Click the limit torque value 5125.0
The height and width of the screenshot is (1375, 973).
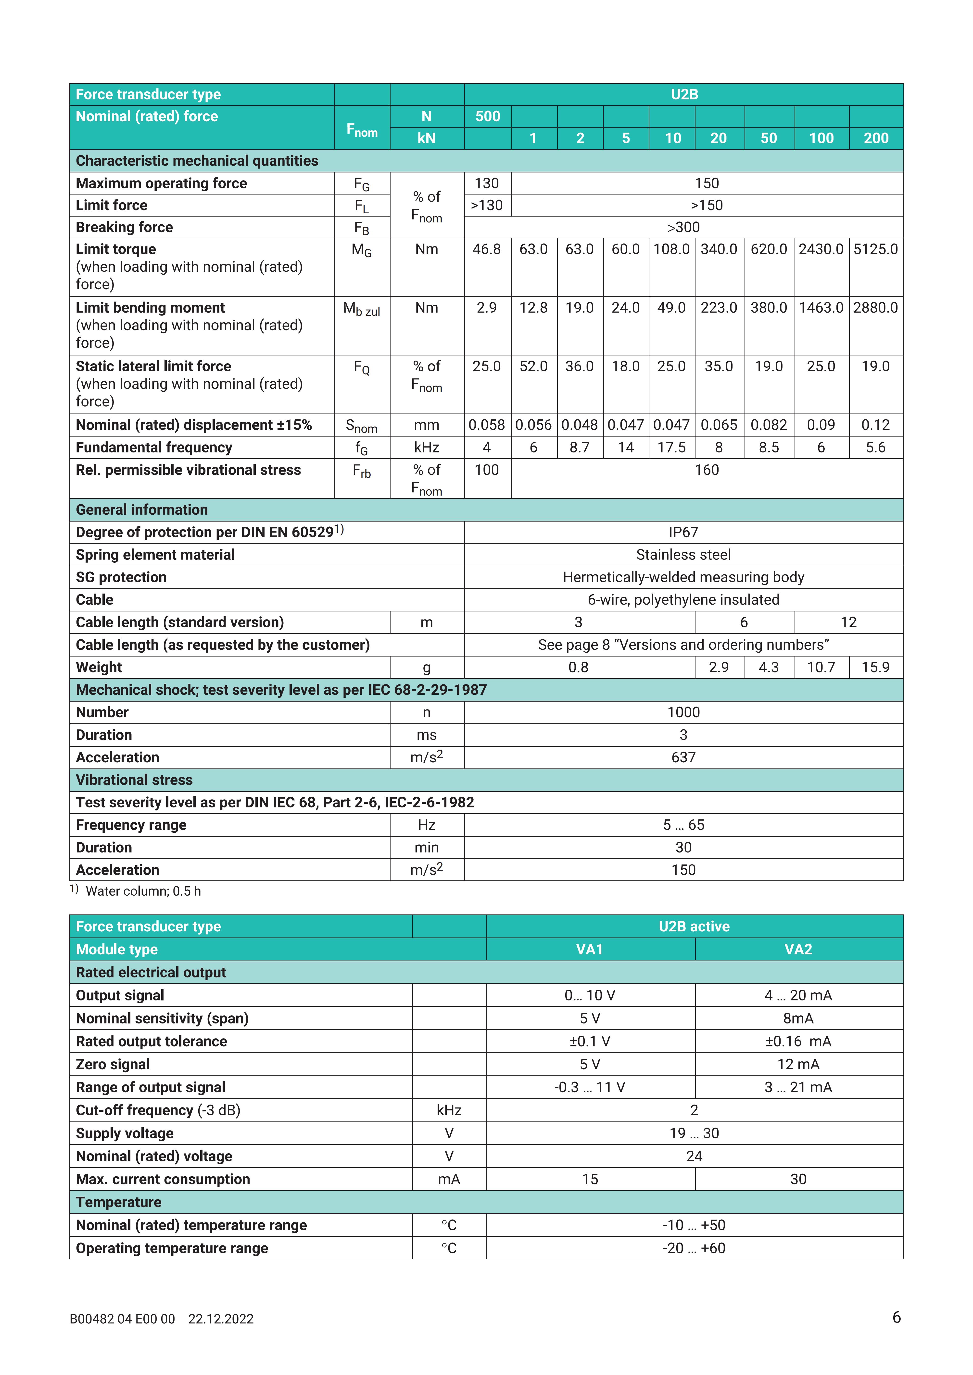[x=875, y=249]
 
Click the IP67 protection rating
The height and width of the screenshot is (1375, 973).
[x=683, y=532]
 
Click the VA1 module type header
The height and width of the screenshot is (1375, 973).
[x=590, y=949]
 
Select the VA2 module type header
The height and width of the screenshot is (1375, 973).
[x=798, y=949]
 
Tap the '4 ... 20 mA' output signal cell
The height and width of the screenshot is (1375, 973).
[x=798, y=995]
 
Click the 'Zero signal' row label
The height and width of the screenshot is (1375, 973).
[x=113, y=1064]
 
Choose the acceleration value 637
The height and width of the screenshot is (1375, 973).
[x=683, y=758]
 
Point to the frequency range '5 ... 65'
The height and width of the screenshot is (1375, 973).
[x=683, y=825]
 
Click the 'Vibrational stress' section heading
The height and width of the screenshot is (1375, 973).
[x=134, y=780]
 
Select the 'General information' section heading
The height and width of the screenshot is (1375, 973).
[x=141, y=510]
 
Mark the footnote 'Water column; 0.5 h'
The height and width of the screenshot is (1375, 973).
[x=143, y=891]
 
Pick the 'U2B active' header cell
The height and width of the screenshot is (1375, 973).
[x=694, y=926]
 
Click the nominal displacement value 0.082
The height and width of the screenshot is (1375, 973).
[x=769, y=425]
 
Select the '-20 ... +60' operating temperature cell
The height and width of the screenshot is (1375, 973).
[x=694, y=1248]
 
